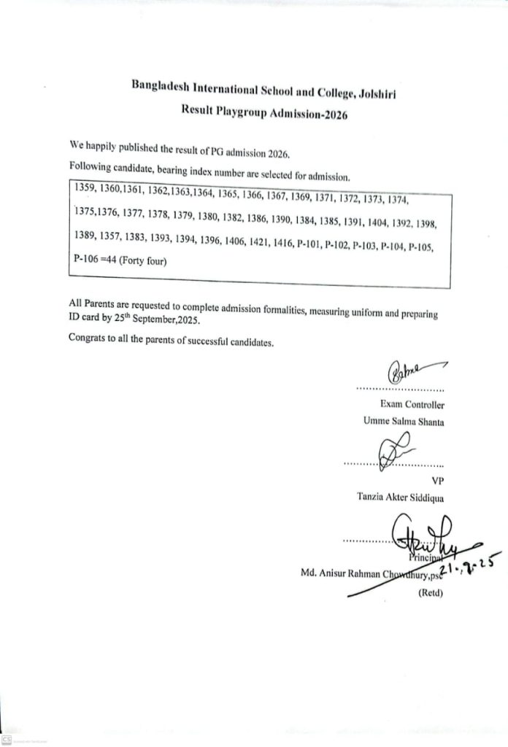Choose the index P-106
tap(86, 258)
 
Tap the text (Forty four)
tap(143, 260)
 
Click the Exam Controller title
tap(412, 404)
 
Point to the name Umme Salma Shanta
tap(404, 421)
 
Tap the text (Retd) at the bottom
tap(431, 592)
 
